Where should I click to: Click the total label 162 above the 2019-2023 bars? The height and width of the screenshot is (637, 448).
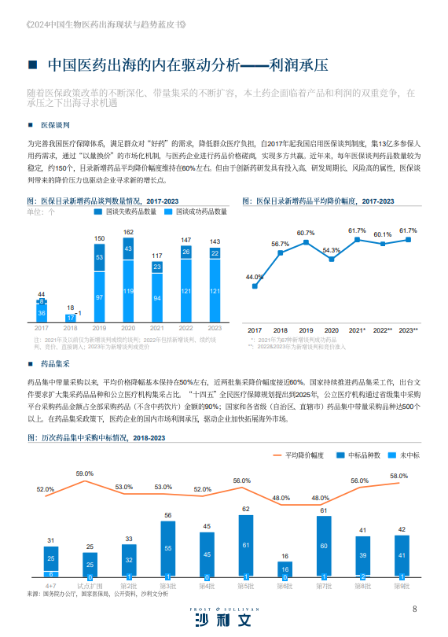point(128,232)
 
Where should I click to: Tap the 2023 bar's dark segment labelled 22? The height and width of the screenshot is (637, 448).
point(215,253)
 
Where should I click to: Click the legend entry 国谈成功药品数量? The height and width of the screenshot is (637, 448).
point(200,212)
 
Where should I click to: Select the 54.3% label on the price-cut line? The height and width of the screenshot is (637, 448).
point(331,250)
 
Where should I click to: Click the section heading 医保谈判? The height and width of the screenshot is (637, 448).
point(56,125)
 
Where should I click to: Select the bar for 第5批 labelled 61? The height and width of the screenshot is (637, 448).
point(245,546)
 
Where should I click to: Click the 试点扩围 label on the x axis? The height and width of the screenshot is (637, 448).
point(90,586)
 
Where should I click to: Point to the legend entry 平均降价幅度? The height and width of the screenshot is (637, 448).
point(302,455)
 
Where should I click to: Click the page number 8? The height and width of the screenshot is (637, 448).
point(414,609)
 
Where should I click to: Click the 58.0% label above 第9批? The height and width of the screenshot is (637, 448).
point(398,476)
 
